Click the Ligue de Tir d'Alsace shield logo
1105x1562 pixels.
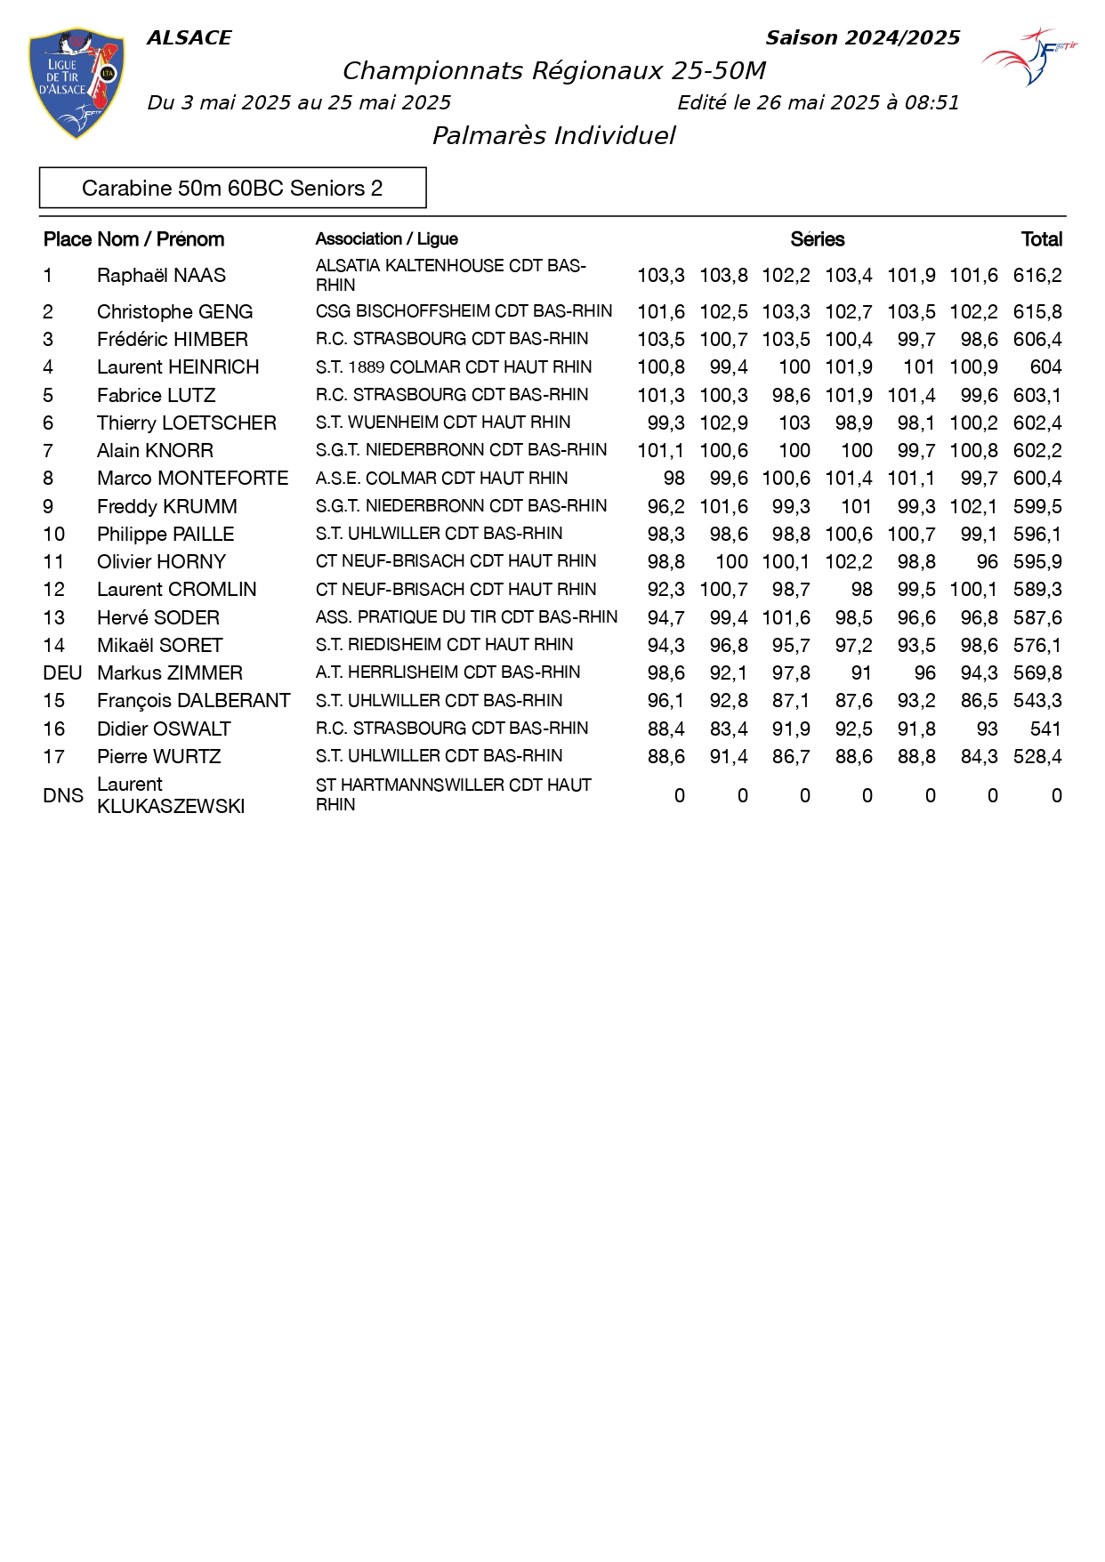pos(77,83)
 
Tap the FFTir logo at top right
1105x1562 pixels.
pos(1030,56)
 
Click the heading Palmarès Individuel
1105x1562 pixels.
pos(553,135)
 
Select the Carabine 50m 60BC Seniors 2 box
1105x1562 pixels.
pos(232,188)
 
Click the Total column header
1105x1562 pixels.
pos(1041,239)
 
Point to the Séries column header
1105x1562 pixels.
pos(817,239)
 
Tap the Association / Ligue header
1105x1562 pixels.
pos(386,239)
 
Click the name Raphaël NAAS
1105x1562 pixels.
pos(161,276)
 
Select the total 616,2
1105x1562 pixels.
pos(1036,276)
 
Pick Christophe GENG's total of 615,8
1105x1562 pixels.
pos(1036,312)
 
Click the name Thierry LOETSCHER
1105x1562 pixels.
pos(187,423)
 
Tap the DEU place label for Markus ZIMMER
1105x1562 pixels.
pos(62,673)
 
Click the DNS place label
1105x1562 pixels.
pos(62,795)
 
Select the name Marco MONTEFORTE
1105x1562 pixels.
pos(192,479)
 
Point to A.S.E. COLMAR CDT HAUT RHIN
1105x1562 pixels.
pos(441,479)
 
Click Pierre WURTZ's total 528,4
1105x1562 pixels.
pos(1036,757)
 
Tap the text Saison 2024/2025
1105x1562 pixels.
pos(862,38)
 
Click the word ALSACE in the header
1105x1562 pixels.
pos(189,38)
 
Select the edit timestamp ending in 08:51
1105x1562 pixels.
pos(818,103)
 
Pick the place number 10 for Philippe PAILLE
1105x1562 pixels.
pos(53,535)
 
